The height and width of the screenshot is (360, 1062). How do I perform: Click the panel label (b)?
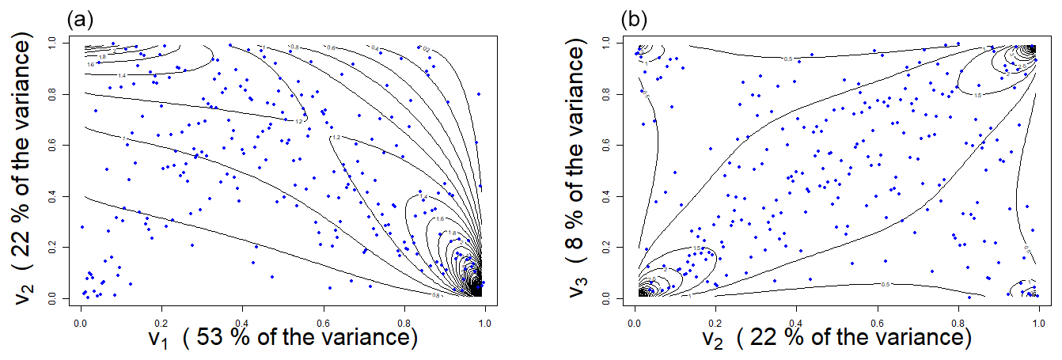[x=635, y=17]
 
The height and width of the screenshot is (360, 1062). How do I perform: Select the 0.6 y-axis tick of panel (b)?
[x=610, y=144]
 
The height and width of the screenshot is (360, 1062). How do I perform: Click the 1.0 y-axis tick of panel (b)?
[x=610, y=40]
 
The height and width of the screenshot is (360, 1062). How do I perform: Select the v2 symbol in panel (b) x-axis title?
[x=709, y=339]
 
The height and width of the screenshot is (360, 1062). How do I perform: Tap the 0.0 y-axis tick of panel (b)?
[x=610, y=298]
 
